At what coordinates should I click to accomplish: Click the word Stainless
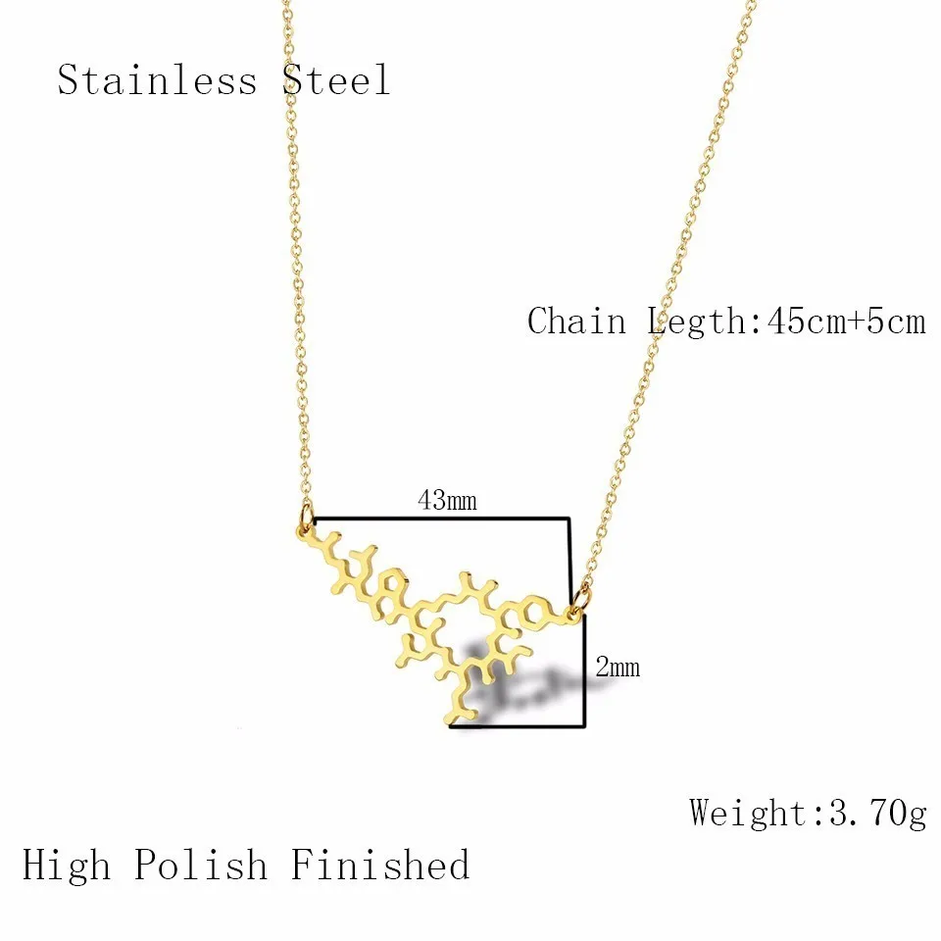pyautogui.click(x=157, y=79)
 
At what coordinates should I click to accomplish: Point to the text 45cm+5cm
pyautogui.click(x=838, y=321)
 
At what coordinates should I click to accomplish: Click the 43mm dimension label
pyautogui.click(x=447, y=501)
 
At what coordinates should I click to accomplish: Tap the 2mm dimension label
pyautogui.click(x=618, y=668)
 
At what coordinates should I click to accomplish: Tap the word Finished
pyautogui.click(x=380, y=866)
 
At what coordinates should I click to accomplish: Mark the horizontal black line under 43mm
pyautogui.click(x=441, y=518)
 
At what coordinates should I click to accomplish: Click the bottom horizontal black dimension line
pyautogui.click(x=520, y=726)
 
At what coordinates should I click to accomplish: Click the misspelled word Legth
pyautogui.click(x=693, y=321)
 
